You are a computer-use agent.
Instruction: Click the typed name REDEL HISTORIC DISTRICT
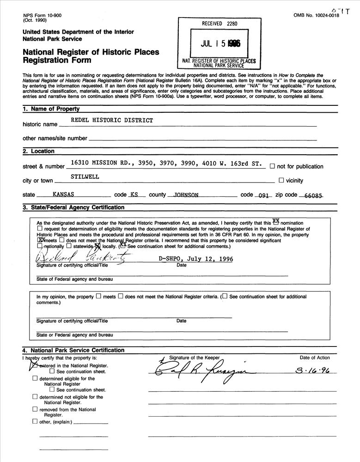[111, 120]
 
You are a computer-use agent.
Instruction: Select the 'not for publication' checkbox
[272, 166]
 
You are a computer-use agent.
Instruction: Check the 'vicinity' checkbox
[281, 181]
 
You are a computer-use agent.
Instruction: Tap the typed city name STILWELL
[85, 176]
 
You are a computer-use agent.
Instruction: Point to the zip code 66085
[314, 195]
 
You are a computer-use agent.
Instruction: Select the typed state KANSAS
[64, 195]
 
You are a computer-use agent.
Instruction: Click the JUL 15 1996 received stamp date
[220, 44]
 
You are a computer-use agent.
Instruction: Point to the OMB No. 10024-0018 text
[316, 15]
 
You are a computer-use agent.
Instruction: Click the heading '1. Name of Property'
[51, 109]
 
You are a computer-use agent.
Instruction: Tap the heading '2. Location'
[38, 151]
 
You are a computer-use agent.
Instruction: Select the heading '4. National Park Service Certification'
[73, 350]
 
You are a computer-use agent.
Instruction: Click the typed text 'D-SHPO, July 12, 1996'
[195, 259]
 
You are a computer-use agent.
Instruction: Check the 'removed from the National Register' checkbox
[35, 409]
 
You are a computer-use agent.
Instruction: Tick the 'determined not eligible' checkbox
[35, 396]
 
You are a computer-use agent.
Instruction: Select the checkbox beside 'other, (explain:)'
[35, 421]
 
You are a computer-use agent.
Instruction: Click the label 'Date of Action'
[315, 358]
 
